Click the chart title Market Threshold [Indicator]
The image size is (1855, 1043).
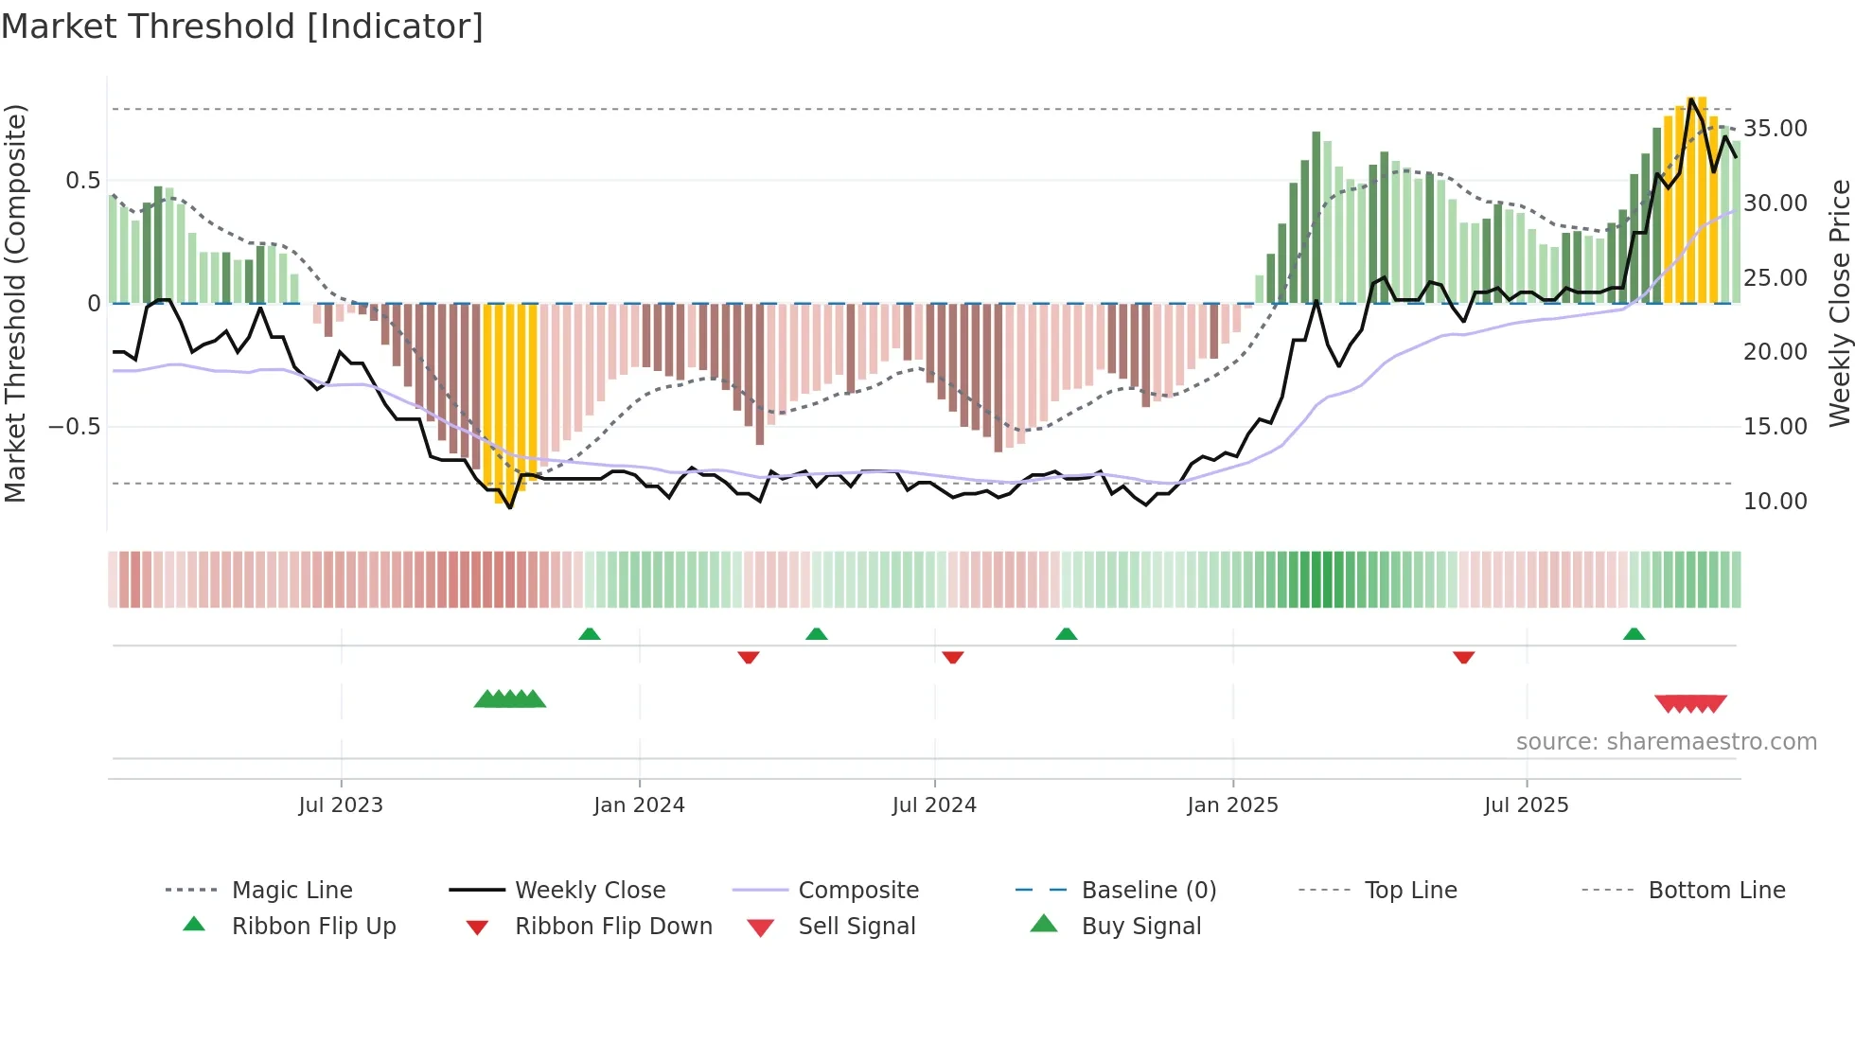coord(242,27)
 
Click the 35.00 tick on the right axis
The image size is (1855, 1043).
coord(1775,129)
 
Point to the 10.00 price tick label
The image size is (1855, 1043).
coord(1775,502)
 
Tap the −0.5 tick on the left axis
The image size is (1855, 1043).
coord(74,427)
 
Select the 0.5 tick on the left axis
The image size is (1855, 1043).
coord(82,181)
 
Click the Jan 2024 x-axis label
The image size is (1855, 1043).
coord(639,805)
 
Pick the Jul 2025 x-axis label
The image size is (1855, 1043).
coord(1526,805)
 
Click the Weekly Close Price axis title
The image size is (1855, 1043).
coord(1839,303)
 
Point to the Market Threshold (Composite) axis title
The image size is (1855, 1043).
coord(15,303)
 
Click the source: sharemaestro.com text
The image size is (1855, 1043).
coord(1666,742)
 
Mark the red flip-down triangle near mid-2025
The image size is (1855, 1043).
coord(1463,657)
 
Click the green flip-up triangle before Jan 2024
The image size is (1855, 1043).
coord(590,634)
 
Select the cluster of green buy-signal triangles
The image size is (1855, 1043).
coord(510,699)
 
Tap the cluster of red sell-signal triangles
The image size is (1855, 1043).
coord(1690,703)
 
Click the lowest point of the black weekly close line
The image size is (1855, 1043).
coord(510,508)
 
